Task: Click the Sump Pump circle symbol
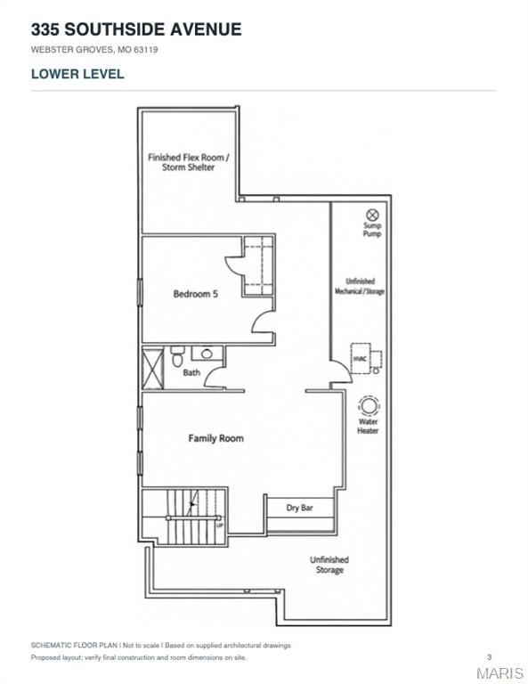[372, 215]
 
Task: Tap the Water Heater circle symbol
[369, 405]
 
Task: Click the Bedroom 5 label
[195, 294]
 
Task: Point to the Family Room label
[215, 438]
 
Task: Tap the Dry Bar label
[299, 508]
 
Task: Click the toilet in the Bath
[177, 356]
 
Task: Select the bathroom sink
[207, 353]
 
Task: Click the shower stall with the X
[152, 369]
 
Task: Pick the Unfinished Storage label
[329, 565]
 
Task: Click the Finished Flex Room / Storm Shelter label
[189, 162]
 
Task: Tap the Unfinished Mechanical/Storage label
[360, 286]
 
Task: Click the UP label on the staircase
[220, 525]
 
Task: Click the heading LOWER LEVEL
[77, 74]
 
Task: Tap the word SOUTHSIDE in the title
[116, 29]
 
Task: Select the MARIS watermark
[500, 672]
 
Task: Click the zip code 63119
[146, 50]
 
